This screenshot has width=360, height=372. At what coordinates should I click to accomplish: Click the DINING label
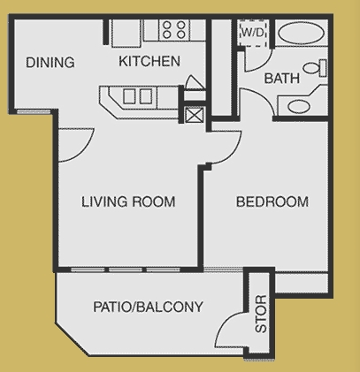(x=50, y=63)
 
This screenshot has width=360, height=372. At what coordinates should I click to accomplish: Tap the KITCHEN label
(x=149, y=62)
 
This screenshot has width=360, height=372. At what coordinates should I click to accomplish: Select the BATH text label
(x=282, y=79)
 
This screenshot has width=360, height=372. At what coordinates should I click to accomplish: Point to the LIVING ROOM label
(x=128, y=201)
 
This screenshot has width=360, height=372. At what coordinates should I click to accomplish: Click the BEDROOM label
(x=272, y=201)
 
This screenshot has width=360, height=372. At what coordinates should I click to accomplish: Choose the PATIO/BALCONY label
(x=148, y=307)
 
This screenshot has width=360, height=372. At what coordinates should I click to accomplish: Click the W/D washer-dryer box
(x=253, y=31)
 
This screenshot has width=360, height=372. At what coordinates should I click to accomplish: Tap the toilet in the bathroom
(x=314, y=69)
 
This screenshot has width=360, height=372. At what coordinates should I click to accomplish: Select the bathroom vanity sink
(x=300, y=107)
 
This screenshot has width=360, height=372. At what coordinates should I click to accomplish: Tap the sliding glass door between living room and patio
(x=128, y=269)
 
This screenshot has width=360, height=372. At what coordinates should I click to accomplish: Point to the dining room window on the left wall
(x=28, y=110)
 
